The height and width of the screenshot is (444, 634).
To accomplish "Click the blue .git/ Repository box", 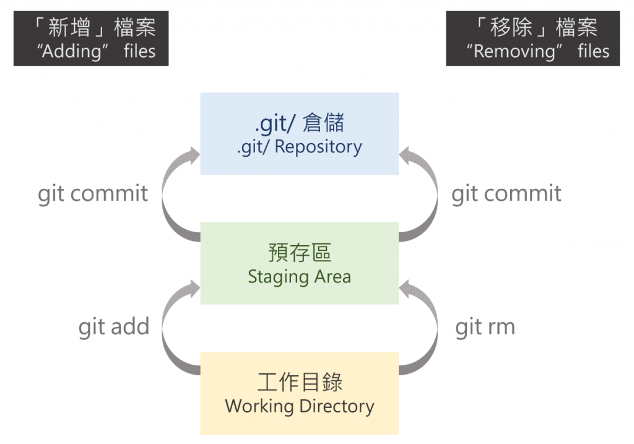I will click(299, 134).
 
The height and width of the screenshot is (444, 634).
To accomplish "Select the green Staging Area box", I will click(299, 263).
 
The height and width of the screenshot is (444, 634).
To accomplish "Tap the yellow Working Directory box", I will click(299, 393).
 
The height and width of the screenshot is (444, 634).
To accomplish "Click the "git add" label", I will click(114, 326).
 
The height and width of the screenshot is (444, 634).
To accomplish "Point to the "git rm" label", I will click(485, 326).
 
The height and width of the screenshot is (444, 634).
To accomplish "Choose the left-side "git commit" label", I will click(93, 193).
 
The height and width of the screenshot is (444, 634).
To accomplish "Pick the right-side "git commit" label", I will click(506, 193).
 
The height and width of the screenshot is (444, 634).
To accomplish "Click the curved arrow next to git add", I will click(172, 328).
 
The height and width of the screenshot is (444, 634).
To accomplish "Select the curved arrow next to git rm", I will click(427, 328).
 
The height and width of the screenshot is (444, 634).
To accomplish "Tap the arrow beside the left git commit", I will click(172, 195).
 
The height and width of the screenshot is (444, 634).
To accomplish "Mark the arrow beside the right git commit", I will click(427, 195).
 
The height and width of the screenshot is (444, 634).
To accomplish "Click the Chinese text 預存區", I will click(299, 253).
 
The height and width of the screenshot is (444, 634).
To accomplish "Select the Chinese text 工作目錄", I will click(299, 382).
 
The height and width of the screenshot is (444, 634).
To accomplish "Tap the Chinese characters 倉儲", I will click(324, 123).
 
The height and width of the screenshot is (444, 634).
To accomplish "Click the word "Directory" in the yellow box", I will click(337, 406).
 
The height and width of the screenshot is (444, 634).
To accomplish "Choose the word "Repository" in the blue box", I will click(318, 147).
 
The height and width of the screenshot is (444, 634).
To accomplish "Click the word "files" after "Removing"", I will click(594, 51).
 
